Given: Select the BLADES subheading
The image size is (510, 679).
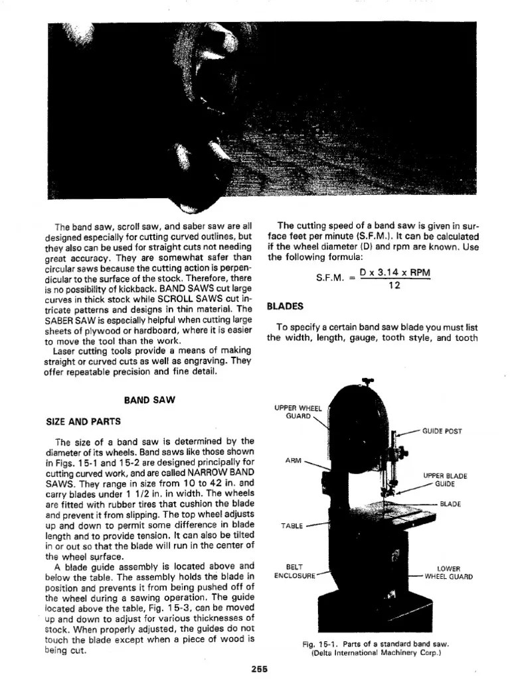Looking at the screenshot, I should coord(285,306).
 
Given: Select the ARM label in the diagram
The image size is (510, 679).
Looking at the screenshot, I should coord(293,460).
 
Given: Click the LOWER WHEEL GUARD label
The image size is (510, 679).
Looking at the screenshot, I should coord(449,572).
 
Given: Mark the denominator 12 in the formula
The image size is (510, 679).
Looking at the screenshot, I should coord(393,286).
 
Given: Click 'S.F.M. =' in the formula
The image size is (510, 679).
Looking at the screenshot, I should coord(335,279).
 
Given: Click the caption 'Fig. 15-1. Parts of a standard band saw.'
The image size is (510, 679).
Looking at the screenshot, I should coord(376,644).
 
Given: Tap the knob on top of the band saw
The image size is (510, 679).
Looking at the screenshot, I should coord(364,381).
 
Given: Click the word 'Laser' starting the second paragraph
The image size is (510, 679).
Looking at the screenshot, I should coord(66,351).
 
